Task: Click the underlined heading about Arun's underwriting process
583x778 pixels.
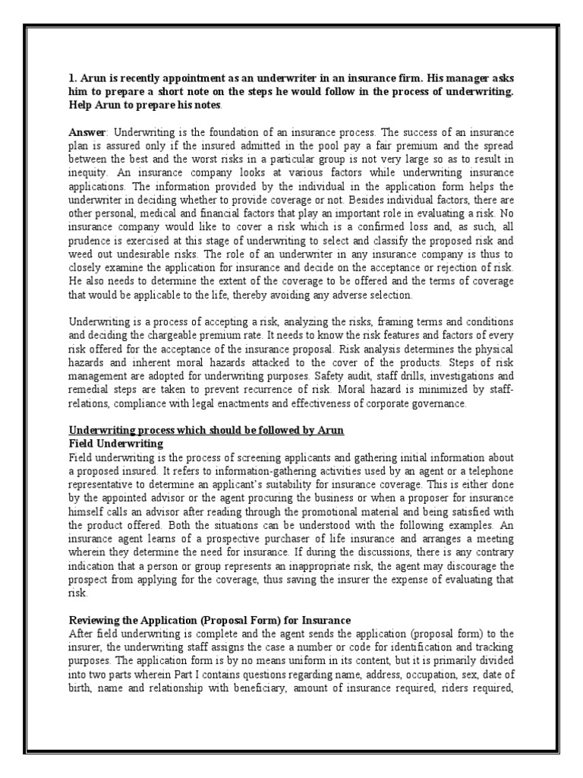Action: click(x=206, y=431)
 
